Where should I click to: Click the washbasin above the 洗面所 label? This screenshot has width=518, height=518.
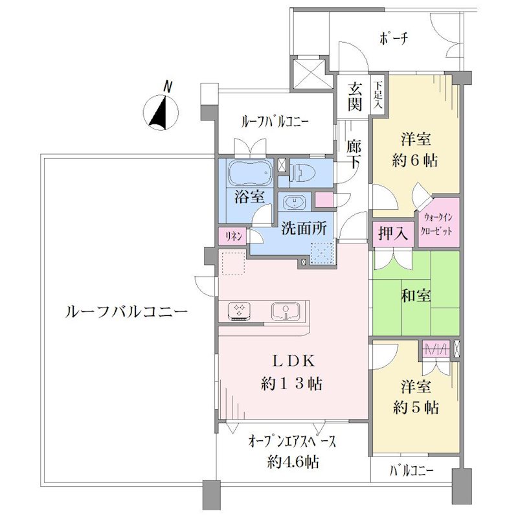click(294, 202)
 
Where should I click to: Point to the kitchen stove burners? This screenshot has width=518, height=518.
click(239, 311)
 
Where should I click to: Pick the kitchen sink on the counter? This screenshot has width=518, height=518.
click(286, 311)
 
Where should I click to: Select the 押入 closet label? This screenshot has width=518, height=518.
click(393, 234)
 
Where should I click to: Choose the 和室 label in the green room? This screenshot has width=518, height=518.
click(416, 295)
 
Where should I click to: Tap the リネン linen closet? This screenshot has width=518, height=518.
click(232, 236)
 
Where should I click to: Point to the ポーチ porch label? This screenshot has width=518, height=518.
click(394, 39)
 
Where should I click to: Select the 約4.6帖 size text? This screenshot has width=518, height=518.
click(293, 461)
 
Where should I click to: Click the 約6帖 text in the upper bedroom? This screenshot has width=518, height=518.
click(415, 161)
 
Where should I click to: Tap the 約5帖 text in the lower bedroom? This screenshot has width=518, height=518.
click(416, 408)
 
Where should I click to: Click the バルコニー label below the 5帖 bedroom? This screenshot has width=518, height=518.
click(411, 471)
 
